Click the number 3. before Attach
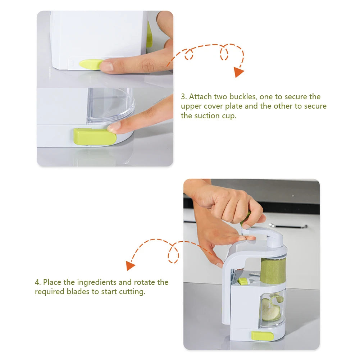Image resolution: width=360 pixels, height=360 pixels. coord(184,97)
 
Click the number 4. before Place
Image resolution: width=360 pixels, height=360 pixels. coord(38,282)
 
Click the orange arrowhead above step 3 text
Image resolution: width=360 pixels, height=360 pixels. coord(238,72)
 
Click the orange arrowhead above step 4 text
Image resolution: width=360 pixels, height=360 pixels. coord(130,265)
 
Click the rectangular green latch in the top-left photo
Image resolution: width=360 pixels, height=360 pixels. coord(95,137)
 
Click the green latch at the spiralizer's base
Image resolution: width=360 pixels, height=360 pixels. coord(262,336)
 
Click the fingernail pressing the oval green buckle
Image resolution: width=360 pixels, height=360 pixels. coord(106,66)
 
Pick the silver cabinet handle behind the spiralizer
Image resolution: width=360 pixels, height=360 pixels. coord(288,226)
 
